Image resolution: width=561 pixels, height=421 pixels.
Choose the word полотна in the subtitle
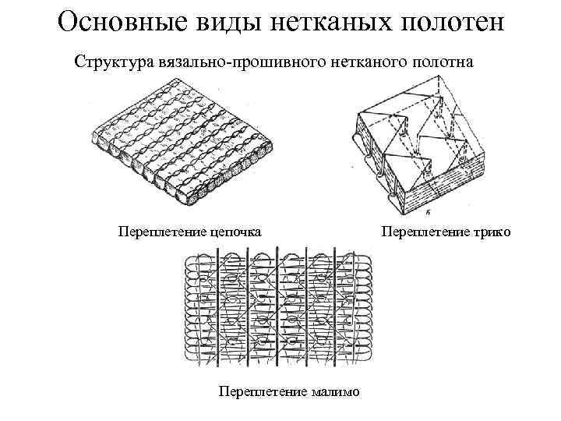[440, 60]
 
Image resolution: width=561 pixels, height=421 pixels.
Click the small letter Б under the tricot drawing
[430, 211]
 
